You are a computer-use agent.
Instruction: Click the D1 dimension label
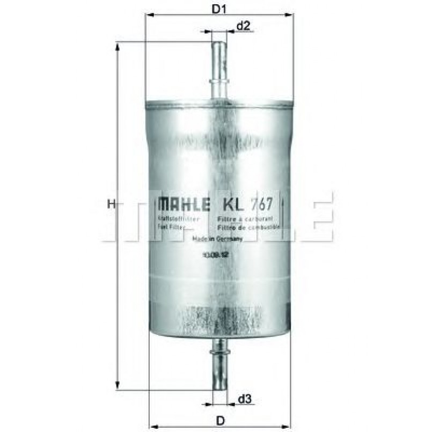[x=219, y=9]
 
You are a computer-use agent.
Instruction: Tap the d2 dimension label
[x=244, y=25]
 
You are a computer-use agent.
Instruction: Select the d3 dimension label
[x=245, y=399]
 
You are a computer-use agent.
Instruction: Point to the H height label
[x=111, y=204]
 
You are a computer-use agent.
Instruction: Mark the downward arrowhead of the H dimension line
[x=118, y=385]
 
